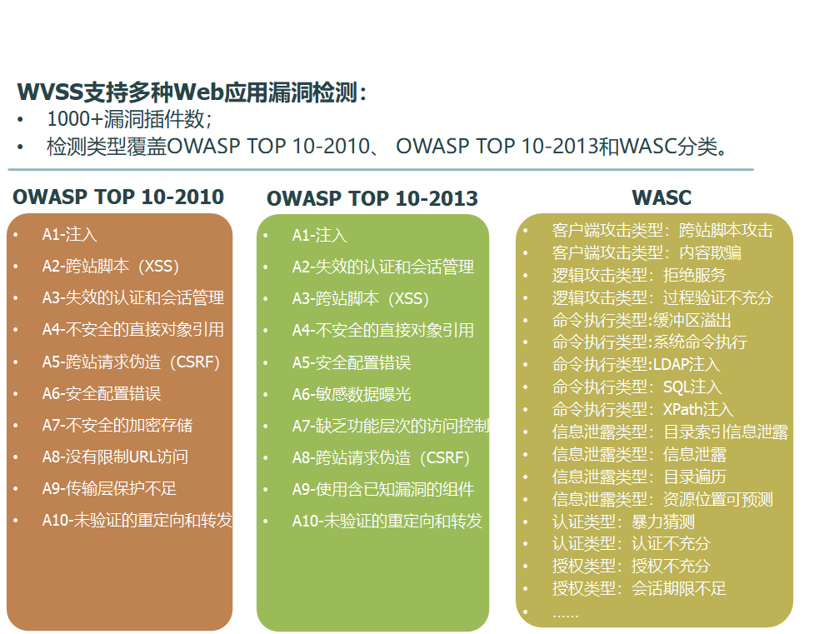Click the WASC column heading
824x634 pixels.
(661, 197)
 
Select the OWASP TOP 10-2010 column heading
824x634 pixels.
(118, 197)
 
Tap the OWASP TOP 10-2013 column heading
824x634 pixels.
(372, 198)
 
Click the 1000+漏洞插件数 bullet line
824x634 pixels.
(129, 119)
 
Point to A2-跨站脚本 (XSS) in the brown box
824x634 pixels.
(110, 267)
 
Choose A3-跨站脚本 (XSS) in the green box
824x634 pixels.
(361, 299)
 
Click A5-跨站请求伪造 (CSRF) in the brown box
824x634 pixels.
(131, 362)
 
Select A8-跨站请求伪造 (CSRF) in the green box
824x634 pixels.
(381, 457)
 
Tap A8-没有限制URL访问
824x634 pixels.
(115, 457)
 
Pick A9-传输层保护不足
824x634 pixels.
(109, 488)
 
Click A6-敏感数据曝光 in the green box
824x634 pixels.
(352, 394)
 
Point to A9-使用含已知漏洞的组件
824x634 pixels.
(383, 490)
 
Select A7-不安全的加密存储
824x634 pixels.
(117, 425)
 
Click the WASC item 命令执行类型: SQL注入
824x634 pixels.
(637, 387)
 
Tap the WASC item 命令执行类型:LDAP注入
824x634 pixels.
(636, 365)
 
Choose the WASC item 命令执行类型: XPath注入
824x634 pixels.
(642, 410)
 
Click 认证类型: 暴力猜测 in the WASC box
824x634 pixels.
(623, 522)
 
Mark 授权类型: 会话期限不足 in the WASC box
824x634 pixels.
(639, 589)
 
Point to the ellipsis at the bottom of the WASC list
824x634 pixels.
(566, 615)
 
